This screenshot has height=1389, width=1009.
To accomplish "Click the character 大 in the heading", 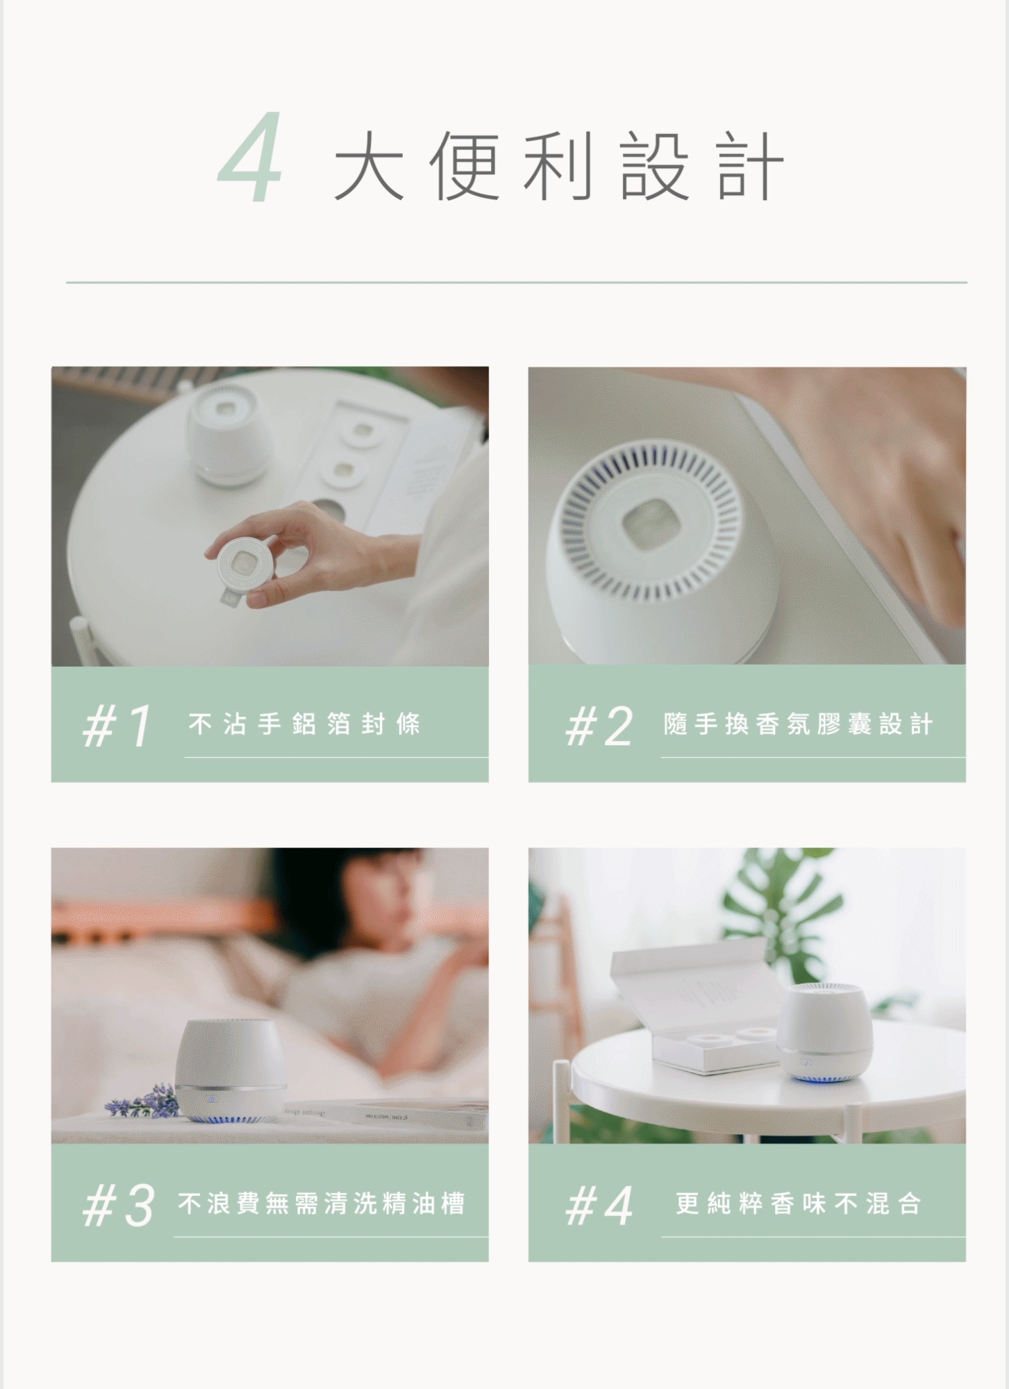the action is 369,165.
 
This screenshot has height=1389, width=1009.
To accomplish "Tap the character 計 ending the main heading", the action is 750,165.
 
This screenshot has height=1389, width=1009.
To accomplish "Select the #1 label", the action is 116,725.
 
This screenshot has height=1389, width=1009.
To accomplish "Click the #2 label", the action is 599,725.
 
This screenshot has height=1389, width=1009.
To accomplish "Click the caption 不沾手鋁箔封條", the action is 304,724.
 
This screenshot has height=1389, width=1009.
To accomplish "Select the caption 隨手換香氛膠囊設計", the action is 798,724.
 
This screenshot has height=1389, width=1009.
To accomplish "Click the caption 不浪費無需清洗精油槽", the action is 321,1204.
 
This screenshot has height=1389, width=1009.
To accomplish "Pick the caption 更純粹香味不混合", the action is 799,1204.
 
